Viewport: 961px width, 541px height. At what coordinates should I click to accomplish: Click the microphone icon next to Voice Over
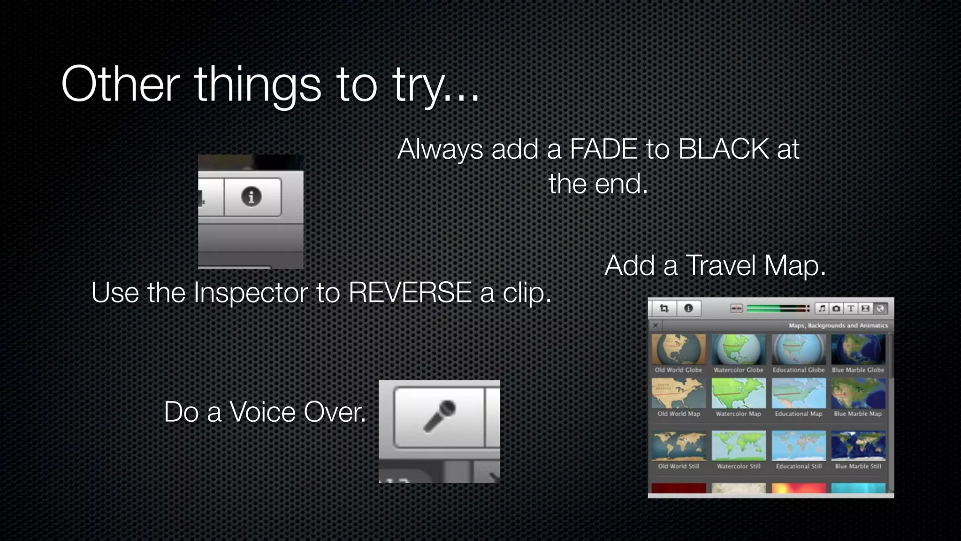pos(440,416)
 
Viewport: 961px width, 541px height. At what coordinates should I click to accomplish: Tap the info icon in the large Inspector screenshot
pos(252,196)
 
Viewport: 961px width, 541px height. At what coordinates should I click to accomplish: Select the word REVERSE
pos(410,293)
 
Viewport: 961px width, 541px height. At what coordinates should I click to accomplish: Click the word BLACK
pos(723,149)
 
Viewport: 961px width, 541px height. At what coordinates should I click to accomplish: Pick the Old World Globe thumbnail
pos(679,350)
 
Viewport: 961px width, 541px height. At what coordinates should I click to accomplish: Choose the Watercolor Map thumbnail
pos(738,394)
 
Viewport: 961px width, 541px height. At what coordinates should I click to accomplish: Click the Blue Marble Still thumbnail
pos(858,446)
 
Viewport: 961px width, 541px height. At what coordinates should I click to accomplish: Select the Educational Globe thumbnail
pos(798,350)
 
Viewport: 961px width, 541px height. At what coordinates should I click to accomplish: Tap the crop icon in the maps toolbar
pos(664,309)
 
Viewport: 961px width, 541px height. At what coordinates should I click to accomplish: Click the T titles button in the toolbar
pos(851,309)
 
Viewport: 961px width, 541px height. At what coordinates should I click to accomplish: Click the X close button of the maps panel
pos(656,325)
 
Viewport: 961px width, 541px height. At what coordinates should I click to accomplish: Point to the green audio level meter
pos(777,309)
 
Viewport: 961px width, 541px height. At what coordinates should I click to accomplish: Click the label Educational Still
pos(799,466)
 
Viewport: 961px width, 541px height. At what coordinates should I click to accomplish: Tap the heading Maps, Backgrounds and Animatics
pos(838,325)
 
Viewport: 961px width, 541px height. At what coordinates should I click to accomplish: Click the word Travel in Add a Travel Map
pos(723,266)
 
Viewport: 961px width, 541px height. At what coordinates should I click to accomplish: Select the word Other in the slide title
pos(120,85)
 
